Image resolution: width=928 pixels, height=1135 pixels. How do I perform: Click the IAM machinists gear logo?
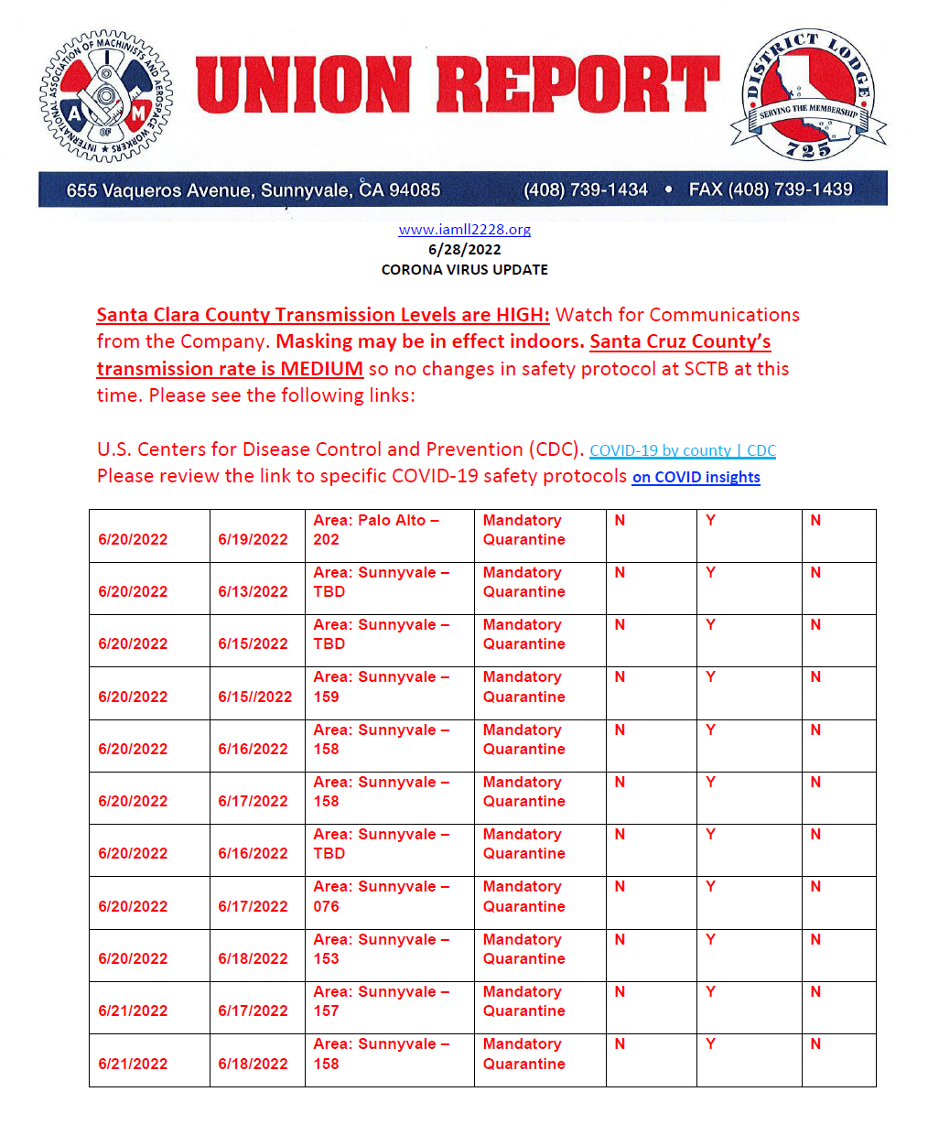[x=105, y=96]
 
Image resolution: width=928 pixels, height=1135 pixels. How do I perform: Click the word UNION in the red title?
[x=303, y=85]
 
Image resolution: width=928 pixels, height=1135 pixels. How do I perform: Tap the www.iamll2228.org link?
[x=464, y=230]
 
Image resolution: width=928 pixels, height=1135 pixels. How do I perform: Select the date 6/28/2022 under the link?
[x=464, y=249]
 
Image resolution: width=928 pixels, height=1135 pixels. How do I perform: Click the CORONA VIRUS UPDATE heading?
[x=464, y=269]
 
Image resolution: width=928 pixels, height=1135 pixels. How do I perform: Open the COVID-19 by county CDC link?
[x=682, y=450]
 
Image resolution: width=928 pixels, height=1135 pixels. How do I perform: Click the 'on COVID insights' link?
[x=696, y=477]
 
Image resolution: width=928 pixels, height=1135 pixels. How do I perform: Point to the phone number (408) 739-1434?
[x=585, y=189]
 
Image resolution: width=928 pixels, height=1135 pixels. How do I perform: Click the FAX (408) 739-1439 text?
[x=770, y=189]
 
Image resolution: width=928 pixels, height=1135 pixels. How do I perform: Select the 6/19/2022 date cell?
[x=253, y=539]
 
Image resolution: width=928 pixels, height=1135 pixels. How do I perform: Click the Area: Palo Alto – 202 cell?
[x=376, y=530]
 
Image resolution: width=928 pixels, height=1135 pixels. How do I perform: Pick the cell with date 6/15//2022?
[x=254, y=697]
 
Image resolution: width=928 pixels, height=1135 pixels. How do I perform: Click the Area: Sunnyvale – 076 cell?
[x=381, y=896]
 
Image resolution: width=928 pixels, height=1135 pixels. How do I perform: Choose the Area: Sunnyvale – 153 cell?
[x=381, y=949]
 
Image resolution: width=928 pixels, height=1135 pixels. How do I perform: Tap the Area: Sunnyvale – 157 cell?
[x=381, y=1001]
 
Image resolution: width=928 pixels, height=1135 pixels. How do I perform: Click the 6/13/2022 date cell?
[x=253, y=591]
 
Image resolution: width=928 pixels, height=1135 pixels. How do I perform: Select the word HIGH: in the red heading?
[x=523, y=315]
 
